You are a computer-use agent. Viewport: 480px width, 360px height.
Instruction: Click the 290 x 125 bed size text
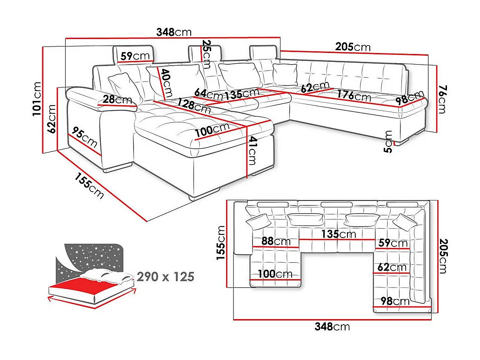coord(165,277)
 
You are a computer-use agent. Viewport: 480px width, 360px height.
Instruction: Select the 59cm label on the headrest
coord(135,56)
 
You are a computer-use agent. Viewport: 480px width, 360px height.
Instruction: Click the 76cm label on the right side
coord(441,99)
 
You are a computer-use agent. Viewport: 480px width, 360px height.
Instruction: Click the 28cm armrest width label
coord(117,99)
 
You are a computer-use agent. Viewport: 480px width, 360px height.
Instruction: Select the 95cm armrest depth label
coord(85,138)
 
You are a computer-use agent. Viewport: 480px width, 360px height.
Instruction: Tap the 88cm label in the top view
coord(276,241)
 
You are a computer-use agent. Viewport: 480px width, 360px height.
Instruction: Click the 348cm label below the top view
coord(332,327)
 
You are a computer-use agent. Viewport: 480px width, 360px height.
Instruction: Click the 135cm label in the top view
coord(341,233)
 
